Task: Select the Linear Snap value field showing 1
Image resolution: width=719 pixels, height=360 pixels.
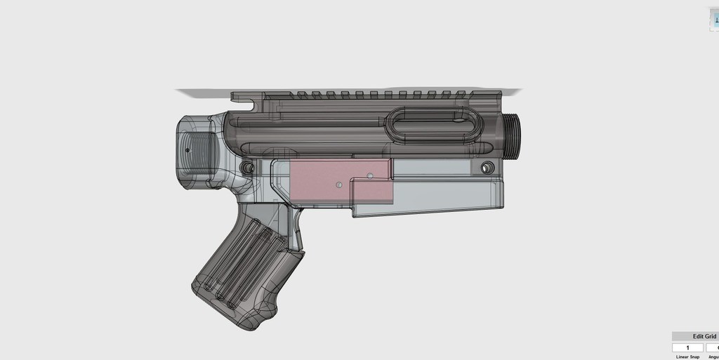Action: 687,347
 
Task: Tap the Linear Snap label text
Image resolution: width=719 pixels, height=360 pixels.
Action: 688,356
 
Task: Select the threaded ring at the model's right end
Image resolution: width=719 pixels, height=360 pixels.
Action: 510,135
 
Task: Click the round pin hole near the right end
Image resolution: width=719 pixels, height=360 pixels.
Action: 487,168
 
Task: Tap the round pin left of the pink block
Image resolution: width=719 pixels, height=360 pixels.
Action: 247,168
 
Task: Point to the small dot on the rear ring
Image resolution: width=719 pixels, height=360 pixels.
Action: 187,150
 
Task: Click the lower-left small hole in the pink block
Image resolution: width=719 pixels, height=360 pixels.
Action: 338,185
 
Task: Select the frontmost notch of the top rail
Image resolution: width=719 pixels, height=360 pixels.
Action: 459,94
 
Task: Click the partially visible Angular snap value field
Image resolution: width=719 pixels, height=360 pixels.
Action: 713,347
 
